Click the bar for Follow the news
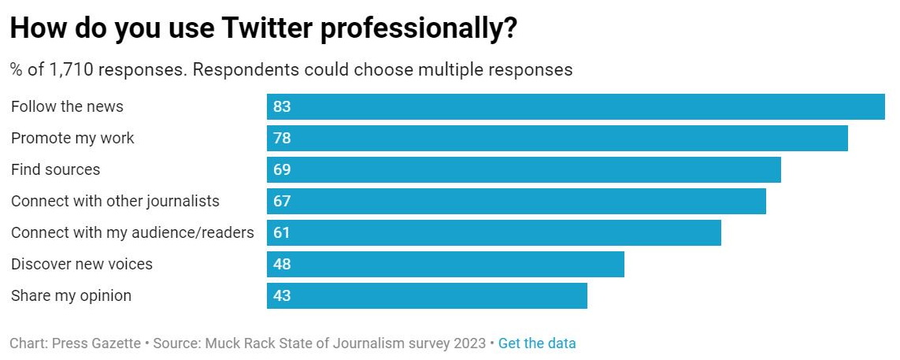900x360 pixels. coord(576,107)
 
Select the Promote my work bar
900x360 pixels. coord(557,139)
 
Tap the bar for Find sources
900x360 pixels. coord(524,170)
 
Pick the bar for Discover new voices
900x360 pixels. coord(445,265)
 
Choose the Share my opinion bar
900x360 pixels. coord(427,296)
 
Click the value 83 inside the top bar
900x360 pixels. coord(282,107)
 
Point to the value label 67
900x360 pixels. coord(282,202)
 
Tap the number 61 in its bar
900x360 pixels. coord(282,233)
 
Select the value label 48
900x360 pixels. coord(282,265)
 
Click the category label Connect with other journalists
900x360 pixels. coord(115,202)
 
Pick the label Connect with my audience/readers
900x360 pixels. coord(132,233)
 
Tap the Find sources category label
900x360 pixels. coord(56,170)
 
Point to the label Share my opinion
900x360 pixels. coord(71,296)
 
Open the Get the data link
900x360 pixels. coord(537,343)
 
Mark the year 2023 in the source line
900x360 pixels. coord(469,343)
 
